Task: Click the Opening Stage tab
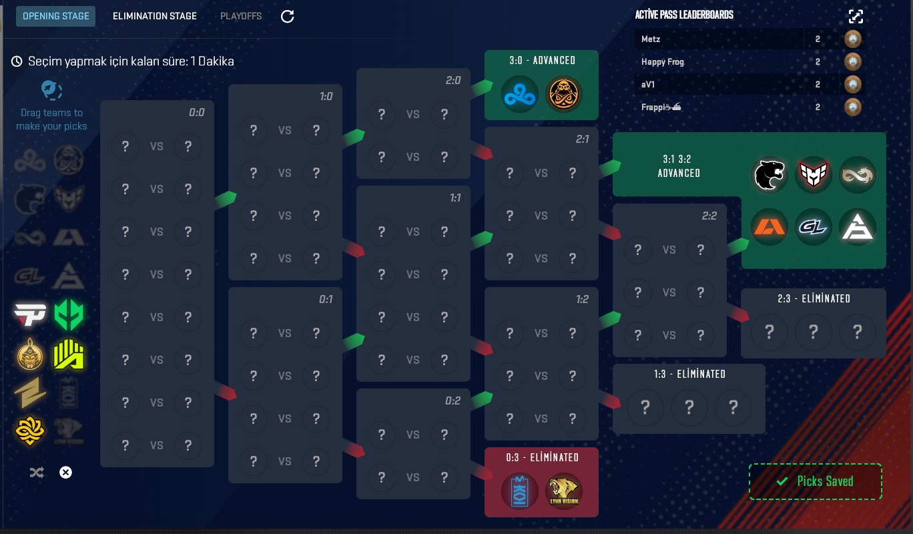click(x=55, y=16)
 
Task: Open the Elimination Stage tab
click(x=154, y=16)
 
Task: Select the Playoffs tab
click(x=241, y=16)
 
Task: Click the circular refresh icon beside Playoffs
click(x=288, y=16)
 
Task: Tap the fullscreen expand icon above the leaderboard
click(x=856, y=16)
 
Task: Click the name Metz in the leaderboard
click(x=651, y=39)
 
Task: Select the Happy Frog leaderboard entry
click(x=662, y=62)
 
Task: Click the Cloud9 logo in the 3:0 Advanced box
click(x=520, y=95)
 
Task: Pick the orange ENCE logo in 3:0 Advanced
click(x=564, y=95)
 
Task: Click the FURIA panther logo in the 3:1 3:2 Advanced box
click(x=769, y=175)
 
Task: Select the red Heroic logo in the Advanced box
click(x=813, y=175)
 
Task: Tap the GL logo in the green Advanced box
click(x=813, y=227)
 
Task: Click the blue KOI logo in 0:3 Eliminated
click(x=520, y=491)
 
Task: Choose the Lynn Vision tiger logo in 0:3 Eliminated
click(x=564, y=491)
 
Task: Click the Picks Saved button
click(x=815, y=481)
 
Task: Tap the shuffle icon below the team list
click(x=37, y=473)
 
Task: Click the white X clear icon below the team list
click(x=65, y=473)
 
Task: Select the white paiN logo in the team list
click(x=30, y=314)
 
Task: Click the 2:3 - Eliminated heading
click(x=814, y=299)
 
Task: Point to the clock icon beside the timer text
click(x=17, y=61)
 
